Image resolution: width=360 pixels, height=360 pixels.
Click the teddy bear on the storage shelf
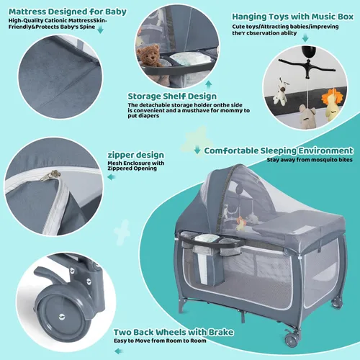click(148, 56)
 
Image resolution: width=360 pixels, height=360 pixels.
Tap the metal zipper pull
click(50, 176)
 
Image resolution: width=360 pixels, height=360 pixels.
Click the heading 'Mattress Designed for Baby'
click(68, 12)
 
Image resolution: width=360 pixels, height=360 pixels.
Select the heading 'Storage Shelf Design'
click(172, 96)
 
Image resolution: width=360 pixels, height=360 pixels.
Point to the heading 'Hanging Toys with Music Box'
click(293, 17)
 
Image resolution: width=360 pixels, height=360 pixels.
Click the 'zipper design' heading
click(136, 155)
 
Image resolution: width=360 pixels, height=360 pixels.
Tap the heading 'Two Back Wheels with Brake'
click(174, 332)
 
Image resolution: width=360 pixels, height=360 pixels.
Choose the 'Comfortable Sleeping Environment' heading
click(279, 150)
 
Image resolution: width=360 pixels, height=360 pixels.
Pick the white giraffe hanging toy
click(281, 91)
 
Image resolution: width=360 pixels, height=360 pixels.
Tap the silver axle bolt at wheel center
click(62, 317)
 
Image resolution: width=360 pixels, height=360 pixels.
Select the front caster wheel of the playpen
click(292, 340)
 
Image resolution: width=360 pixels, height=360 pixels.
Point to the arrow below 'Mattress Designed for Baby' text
click(100, 30)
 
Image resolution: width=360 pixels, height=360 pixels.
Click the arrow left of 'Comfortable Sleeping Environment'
click(197, 150)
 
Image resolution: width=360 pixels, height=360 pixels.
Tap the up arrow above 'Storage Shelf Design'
click(209, 85)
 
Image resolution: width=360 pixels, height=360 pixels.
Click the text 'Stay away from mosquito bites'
click(310, 160)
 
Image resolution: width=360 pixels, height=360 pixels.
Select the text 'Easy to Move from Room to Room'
click(160, 341)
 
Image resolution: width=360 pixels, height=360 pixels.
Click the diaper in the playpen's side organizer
click(204, 238)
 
